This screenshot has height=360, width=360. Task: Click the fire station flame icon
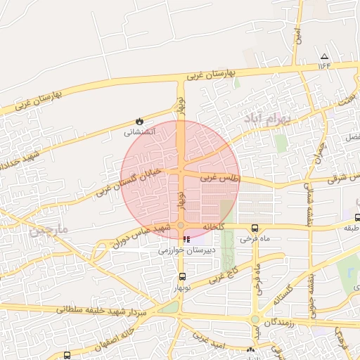pos(139,122)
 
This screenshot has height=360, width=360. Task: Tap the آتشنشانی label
pos(139,132)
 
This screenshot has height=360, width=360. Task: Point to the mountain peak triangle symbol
pos(324,56)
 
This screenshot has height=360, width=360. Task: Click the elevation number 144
pos(323,65)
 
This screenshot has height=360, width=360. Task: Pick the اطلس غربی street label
pos(221,179)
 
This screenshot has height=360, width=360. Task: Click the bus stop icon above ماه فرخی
pos(255,228)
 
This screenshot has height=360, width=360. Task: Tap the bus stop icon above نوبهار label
pos(182,276)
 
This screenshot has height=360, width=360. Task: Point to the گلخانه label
pos(213,228)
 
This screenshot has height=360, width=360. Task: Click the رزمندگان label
pos(279,321)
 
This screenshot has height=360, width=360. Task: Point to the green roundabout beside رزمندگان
pos(255,319)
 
